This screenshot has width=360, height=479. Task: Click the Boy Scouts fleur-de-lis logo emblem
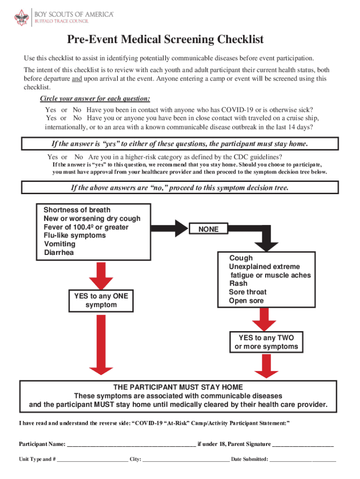(x=22, y=18)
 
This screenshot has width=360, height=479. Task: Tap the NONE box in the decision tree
(x=209, y=229)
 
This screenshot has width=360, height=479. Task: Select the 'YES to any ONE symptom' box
(x=101, y=300)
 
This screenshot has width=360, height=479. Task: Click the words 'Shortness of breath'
(x=77, y=210)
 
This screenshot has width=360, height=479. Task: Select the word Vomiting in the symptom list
(x=59, y=244)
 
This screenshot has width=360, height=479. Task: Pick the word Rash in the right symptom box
(x=238, y=283)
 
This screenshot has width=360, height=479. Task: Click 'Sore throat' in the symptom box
(x=248, y=292)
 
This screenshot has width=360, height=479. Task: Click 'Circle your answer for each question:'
(x=95, y=99)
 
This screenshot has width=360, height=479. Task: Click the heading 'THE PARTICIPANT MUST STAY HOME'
(x=179, y=387)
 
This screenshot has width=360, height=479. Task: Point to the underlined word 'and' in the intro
(x=77, y=79)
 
